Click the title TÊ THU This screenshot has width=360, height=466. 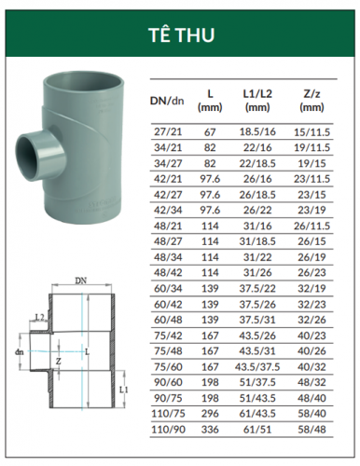tap(182, 34)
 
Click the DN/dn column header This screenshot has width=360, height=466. tap(167, 101)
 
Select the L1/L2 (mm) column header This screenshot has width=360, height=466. tap(257, 101)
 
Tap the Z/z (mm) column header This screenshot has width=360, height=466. tap(312, 101)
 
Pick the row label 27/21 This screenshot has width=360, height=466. tap(168, 131)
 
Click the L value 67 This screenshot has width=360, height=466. tap(210, 132)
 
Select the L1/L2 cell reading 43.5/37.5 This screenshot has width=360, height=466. tap(257, 367)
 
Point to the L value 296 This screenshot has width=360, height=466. tap(210, 414)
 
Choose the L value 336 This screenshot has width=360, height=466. tap(210, 430)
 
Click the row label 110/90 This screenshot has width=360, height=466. tap(168, 430)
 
